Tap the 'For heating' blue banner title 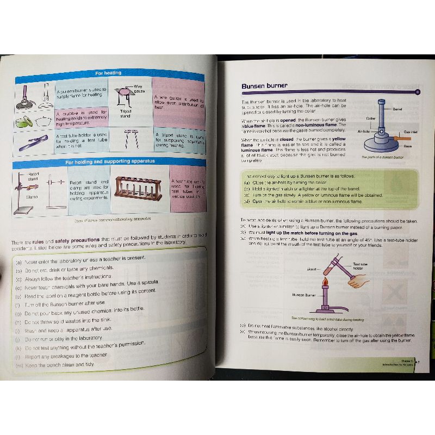click(x=108, y=72)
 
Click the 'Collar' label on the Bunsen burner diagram click(x=371, y=118)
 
